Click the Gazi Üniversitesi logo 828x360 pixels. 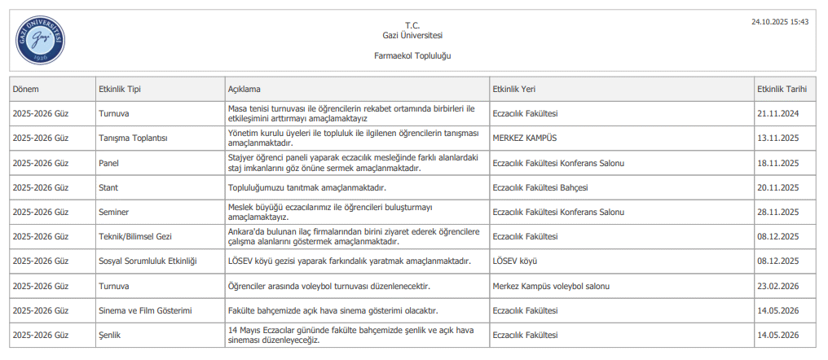(40, 41)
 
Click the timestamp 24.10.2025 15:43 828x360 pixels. (780, 22)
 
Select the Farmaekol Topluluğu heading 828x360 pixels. (412, 56)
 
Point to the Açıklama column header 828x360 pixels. (244, 89)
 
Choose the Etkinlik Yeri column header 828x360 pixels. (513, 89)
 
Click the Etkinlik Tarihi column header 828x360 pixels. (782, 89)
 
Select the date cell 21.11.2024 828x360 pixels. (777, 114)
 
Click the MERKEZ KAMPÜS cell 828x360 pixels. (525, 138)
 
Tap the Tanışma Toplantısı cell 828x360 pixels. (133, 138)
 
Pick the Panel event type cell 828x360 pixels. (108, 163)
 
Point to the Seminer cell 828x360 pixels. (113, 213)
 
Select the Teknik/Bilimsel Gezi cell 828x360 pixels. (135, 237)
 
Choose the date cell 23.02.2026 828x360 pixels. (777, 287)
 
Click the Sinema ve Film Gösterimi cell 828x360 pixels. (144, 311)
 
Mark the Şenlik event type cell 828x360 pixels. (110, 336)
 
